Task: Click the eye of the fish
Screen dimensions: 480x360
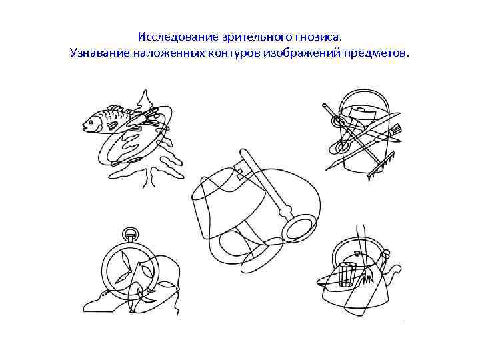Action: [91, 122]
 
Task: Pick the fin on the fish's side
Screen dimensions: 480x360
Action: [112, 125]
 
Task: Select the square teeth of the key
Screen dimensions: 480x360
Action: [239, 173]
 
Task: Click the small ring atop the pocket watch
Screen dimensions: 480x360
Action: [131, 234]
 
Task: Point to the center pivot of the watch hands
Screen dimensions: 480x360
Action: [129, 271]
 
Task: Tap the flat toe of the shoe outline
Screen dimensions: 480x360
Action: [92, 304]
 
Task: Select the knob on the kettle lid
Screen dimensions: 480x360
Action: [356, 253]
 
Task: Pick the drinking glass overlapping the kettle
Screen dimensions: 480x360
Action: [347, 275]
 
